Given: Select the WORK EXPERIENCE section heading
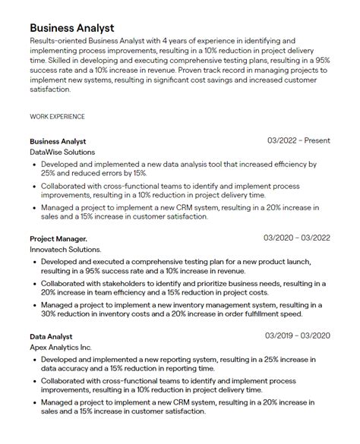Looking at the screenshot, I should pos(57,117).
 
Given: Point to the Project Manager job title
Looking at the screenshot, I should pos(58,239).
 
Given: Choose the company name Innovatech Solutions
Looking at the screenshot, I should pos(65,250).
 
